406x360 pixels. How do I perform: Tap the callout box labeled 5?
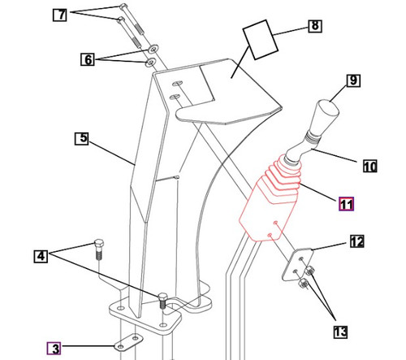[x=80, y=138]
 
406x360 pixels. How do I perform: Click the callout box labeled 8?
[x=314, y=27]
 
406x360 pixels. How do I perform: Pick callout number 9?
[x=352, y=80]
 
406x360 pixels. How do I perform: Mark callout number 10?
[x=369, y=167]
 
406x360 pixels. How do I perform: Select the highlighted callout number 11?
[x=346, y=204]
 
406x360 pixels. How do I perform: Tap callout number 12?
[x=357, y=241]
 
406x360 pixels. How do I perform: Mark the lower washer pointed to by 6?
[x=151, y=62]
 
